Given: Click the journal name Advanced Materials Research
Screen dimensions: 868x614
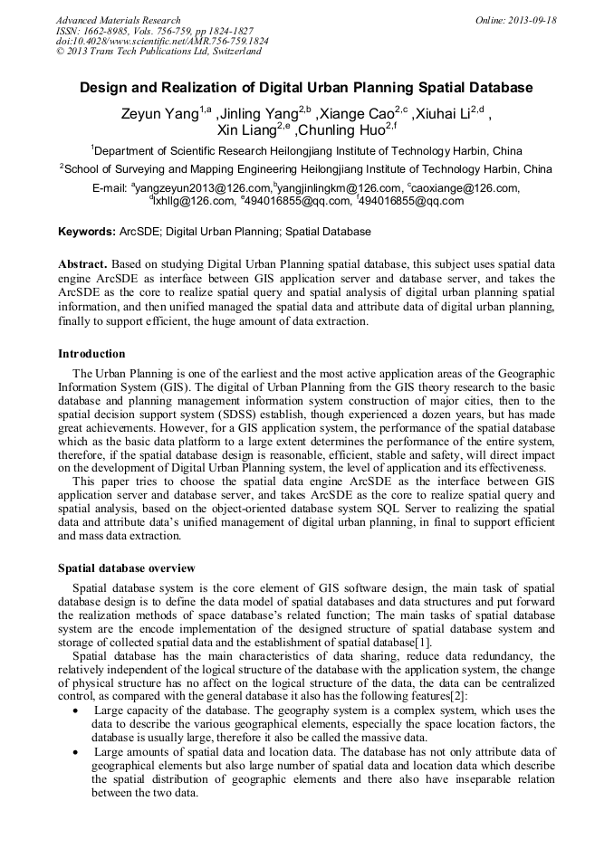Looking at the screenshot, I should [118, 20].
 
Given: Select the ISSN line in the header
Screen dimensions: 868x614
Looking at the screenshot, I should [154, 31].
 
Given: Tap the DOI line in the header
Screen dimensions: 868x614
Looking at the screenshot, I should [162, 42].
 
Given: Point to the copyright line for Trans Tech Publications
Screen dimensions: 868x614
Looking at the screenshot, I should [158, 52].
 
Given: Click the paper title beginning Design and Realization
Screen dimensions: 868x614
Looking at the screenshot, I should [306, 88].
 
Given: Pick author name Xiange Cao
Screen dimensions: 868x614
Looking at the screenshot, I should [354, 114].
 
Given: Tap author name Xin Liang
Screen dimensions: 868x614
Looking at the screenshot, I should [249, 131].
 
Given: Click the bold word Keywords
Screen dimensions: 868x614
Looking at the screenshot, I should [86, 232].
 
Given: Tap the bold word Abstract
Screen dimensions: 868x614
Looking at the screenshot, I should [83, 261].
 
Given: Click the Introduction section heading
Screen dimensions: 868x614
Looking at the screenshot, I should [91, 354].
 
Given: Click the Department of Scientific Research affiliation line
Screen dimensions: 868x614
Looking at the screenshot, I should [307, 150].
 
